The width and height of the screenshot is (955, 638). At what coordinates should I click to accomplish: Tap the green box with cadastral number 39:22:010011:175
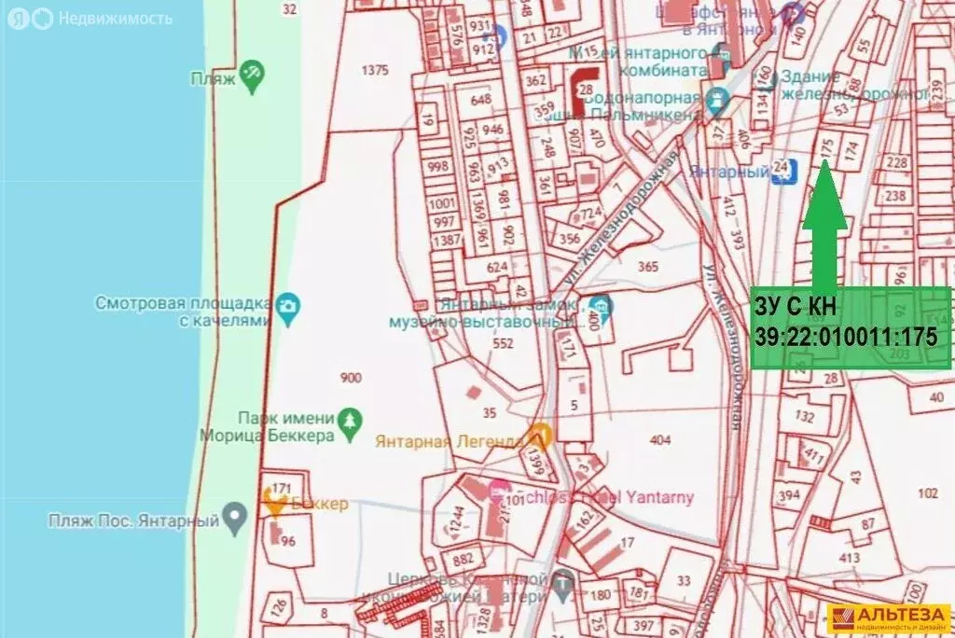coord(851,327)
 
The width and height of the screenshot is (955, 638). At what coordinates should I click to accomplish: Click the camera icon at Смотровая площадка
coord(288,305)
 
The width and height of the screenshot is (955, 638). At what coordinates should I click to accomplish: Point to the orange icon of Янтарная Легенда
coord(538,436)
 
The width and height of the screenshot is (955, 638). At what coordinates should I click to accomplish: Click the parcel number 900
coord(352,378)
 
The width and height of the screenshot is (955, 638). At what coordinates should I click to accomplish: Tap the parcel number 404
coord(660,439)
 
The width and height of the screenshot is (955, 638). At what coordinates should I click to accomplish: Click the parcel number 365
coord(648,268)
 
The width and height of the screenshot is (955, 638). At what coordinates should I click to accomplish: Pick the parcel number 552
coord(504,343)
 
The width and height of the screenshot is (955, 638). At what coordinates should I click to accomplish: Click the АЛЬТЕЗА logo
coord(889,617)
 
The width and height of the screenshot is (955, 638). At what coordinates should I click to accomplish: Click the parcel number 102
coord(928,492)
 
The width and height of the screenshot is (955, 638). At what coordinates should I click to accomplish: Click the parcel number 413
coord(850,558)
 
